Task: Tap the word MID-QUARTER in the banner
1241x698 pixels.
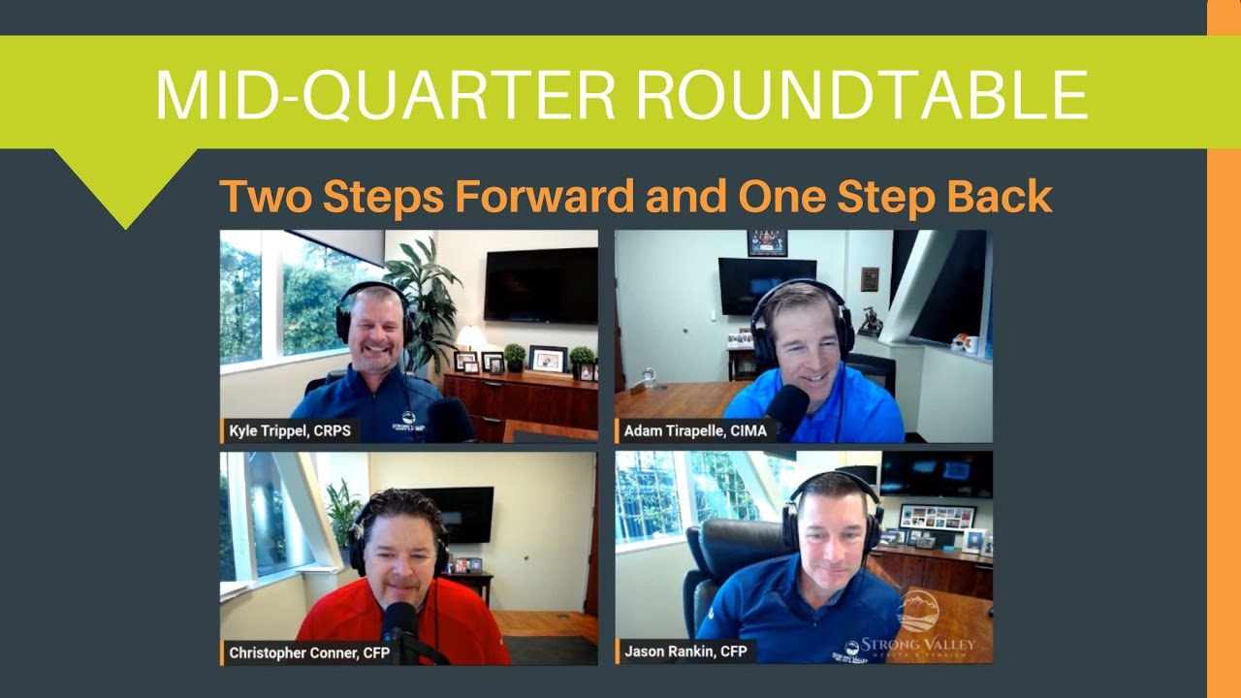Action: coord(386,94)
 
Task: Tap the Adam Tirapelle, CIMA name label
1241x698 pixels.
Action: coord(694,431)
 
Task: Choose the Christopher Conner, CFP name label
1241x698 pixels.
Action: coord(309,652)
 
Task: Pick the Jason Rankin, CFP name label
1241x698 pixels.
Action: coord(685,651)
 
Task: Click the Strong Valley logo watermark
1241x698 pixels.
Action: coord(911,625)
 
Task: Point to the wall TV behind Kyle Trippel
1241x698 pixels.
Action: coord(540,285)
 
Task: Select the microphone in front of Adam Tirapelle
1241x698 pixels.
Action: coord(788,404)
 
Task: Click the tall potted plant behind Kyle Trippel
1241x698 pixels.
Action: coord(425,291)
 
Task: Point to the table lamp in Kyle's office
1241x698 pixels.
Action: coord(471,338)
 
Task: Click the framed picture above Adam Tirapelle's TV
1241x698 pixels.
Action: coord(766,242)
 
